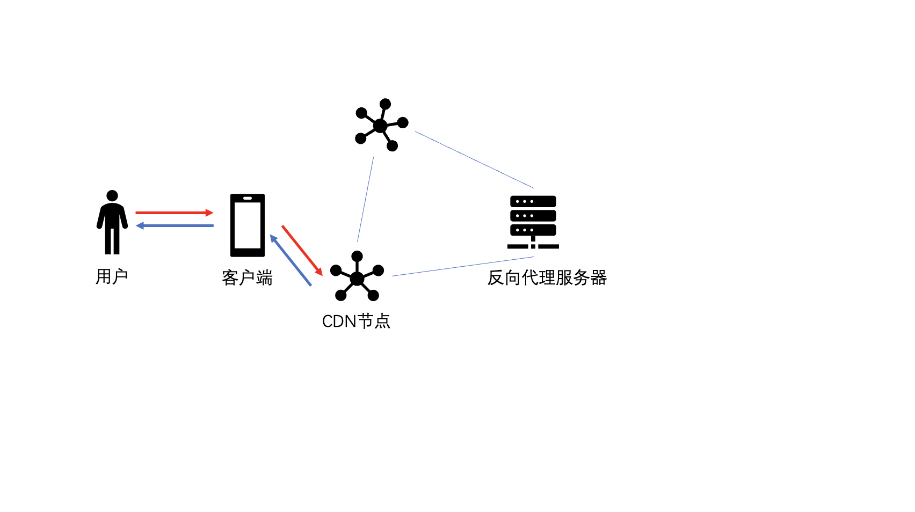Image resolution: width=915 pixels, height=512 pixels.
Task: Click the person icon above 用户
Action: click(112, 222)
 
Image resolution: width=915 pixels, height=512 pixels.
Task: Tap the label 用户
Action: click(112, 277)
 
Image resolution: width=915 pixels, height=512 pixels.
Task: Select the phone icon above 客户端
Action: click(248, 225)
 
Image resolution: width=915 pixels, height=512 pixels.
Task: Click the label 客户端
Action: click(247, 278)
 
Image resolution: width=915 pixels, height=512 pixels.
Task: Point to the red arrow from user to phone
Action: click(175, 213)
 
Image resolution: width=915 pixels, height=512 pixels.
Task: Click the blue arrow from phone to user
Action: click(175, 226)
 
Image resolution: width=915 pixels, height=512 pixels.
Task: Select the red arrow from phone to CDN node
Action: click(302, 250)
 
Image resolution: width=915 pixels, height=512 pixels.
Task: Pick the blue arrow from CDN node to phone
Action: click(291, 260)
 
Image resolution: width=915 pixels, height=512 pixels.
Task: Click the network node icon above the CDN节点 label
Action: click(357, 276)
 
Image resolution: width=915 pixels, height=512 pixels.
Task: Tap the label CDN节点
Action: click(356, 321)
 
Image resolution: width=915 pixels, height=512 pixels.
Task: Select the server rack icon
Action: click(533, 222)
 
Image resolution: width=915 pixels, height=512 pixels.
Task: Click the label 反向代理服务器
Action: click(547, 277)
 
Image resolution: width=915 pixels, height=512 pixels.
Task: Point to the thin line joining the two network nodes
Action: click(366, 199)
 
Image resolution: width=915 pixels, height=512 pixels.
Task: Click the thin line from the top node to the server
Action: click(474, 159)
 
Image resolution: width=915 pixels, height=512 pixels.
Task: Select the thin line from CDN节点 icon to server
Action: click(463, 267)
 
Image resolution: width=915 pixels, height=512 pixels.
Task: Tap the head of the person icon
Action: click(112, 195)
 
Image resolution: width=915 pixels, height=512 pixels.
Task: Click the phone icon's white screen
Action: click(248, 225)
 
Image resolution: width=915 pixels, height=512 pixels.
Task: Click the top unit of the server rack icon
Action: click(533, 201)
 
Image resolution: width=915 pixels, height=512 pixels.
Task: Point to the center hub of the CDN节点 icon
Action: click(357, 279)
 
